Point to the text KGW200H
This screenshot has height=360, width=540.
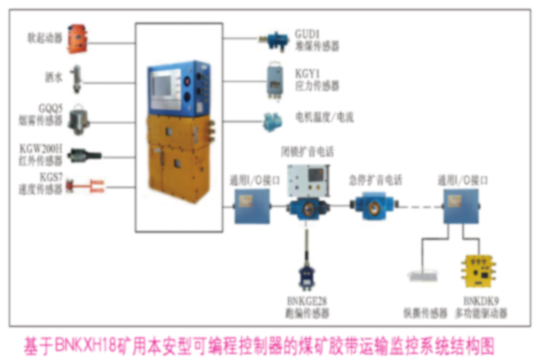tap(39, 147)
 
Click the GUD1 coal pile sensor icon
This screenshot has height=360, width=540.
tap(271, 38)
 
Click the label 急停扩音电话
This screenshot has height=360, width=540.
tap(372, 176)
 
